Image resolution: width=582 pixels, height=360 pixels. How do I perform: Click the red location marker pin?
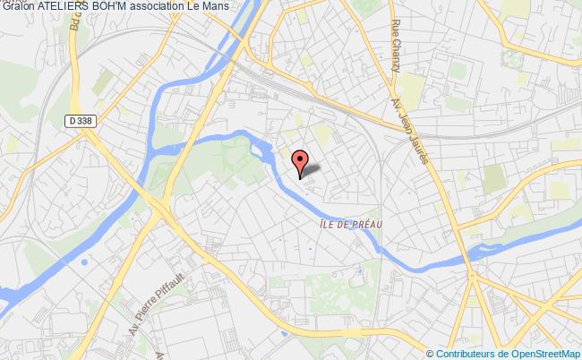[x=300, y=161]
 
